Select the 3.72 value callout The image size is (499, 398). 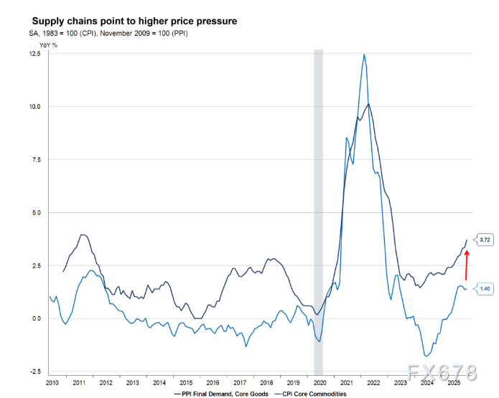(x=485, y=239)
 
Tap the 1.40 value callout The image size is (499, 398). (x=485, y=289)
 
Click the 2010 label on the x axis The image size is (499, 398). (x=52, y=384)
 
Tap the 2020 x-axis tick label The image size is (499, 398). (x=320, y=384)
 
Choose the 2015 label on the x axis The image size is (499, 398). (x=186, y=384)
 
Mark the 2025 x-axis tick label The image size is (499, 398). (x=453, y=384)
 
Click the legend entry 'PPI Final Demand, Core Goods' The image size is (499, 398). (x=220, y=394)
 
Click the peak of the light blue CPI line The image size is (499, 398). (x=365, y=55)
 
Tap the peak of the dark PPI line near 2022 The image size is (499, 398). (x=369, y=104)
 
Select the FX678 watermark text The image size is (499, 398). (x=440, y=373)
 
